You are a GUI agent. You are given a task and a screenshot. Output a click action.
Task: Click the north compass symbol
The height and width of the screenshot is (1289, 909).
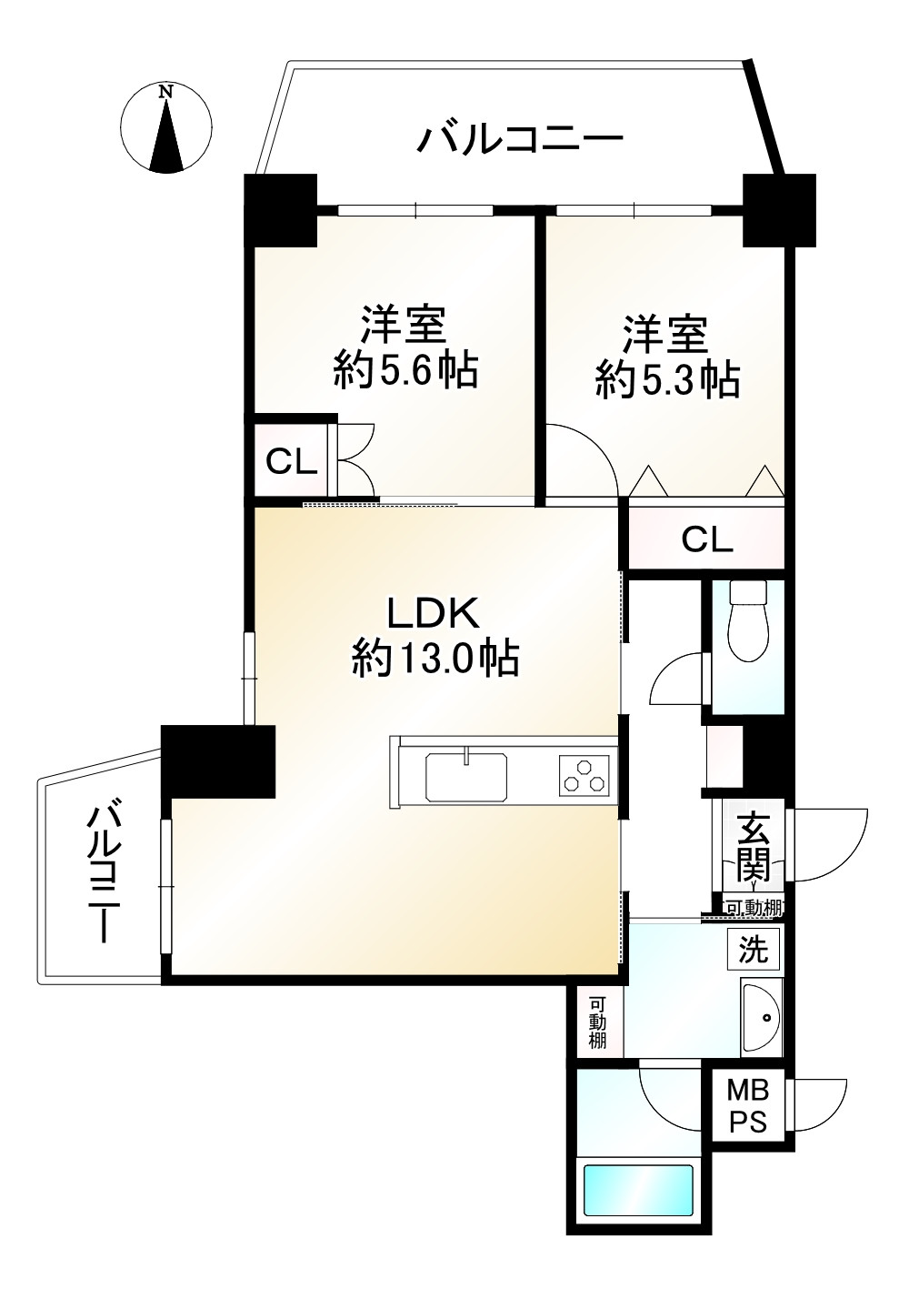point(165,127)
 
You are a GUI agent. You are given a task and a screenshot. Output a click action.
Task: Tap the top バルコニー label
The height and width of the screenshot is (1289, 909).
point(520,140)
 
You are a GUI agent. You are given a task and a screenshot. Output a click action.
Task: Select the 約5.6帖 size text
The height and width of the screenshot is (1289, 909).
point(405,370)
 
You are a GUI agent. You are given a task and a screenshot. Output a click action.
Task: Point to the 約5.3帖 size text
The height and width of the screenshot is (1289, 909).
point(667,379)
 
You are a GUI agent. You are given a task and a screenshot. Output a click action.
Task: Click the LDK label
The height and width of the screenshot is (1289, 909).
point(433,614)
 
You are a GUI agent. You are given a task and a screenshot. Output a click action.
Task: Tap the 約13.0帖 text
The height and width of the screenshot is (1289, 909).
point(435,657)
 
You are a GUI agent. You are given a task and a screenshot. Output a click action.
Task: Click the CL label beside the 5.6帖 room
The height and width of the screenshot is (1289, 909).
point(291,462)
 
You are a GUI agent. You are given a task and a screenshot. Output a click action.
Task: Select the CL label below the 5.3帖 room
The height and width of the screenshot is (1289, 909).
point(707,540)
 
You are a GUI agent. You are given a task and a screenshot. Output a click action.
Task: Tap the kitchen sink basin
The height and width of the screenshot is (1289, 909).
point(466,776)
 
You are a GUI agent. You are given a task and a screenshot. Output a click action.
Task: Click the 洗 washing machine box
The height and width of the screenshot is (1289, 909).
point(754,950)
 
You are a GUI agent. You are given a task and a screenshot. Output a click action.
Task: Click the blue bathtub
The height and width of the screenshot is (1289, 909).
point(638,1189)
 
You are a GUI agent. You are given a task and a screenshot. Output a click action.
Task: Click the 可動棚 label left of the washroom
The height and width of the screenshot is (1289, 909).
point(597,1023)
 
